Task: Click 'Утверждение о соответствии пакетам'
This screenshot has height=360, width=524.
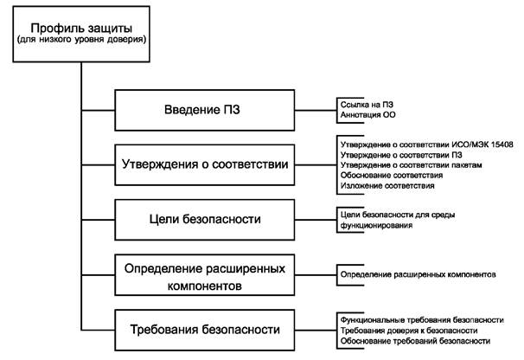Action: point(411,164)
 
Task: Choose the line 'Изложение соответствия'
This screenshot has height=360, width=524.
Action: point(387,185)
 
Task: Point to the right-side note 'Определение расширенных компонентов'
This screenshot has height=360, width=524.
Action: point(418,274)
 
